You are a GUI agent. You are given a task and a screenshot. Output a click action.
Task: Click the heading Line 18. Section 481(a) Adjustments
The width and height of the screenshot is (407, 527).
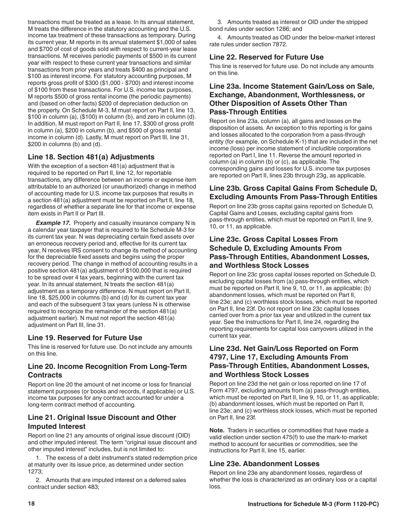91,157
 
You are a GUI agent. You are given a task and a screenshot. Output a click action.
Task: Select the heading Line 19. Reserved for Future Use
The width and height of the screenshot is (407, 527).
85,338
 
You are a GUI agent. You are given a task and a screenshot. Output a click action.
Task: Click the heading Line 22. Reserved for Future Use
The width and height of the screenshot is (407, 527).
266,57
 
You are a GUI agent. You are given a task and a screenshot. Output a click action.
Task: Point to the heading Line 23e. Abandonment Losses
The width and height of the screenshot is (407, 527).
264,464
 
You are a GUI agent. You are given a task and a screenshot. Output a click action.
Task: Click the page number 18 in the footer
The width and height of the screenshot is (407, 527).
31,504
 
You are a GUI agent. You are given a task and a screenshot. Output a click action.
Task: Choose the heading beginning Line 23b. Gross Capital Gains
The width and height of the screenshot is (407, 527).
293,192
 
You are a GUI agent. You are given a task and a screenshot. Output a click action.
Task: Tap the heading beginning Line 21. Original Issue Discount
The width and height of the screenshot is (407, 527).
102,422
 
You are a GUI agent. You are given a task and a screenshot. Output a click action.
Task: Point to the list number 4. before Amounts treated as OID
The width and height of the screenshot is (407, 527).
219,37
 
